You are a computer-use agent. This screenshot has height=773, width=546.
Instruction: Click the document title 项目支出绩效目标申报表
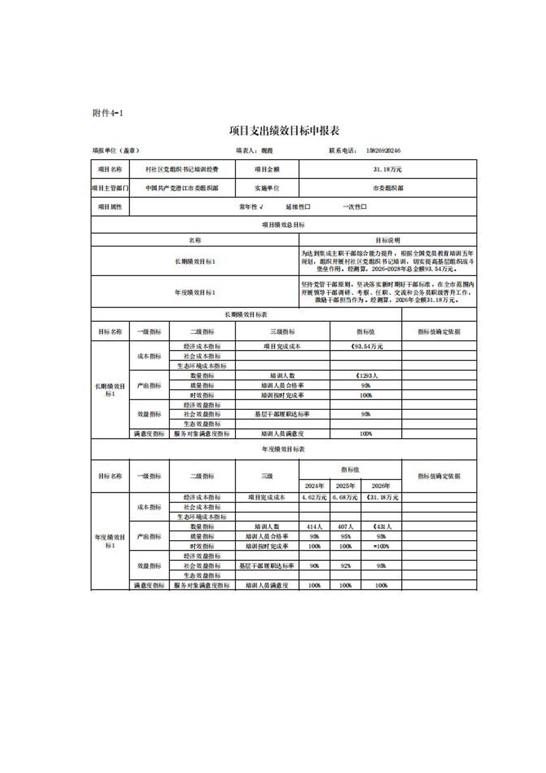tap(284, 131)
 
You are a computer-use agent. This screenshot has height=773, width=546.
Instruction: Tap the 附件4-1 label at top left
tap(108, 113)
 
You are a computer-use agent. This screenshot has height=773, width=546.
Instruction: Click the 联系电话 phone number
tap(383, 151)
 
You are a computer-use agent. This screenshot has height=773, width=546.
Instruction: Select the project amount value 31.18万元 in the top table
tap(387, 169)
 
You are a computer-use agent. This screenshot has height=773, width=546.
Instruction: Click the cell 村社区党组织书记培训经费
tap(181, 169)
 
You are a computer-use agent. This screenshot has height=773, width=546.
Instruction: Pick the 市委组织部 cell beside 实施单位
tap(387, 188)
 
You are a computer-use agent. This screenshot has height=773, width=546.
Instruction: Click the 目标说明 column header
tap(387, 240)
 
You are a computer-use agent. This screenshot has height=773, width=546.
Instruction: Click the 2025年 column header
tap(345, 486)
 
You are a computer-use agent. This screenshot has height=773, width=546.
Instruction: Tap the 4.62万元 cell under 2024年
tap(314, 497)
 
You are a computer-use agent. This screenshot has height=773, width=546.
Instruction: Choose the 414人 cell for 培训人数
tap(314, 527)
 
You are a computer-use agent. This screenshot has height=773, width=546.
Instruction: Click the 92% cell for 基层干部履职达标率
tap(345, 566)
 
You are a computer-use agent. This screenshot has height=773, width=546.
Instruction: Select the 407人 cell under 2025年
tap(345, 527)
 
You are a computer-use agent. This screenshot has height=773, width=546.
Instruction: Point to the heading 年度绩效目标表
tap(283, 450)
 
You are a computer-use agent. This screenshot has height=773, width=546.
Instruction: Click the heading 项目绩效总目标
tap(283, 225)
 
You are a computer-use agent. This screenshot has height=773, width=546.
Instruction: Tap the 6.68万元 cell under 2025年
tap(345, 497)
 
